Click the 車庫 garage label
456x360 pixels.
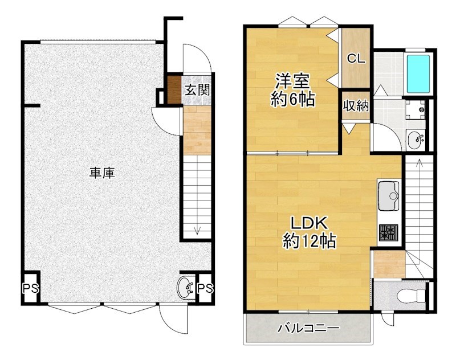[102, 173]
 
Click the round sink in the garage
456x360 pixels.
[186, 288]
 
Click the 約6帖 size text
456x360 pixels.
[293, 100]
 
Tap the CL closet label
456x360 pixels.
[356, 58]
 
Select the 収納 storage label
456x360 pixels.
[356, 106]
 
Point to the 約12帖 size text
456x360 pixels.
[309, 242]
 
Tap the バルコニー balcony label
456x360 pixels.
[308, 329]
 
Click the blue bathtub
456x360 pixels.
[418, 74]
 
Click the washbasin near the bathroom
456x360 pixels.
[416, 139]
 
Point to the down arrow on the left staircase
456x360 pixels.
[197, 230]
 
